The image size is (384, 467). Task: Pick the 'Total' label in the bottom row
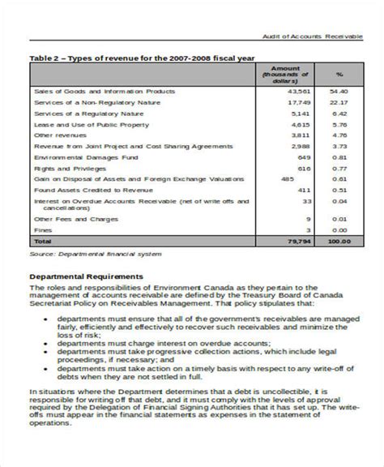[42, 242]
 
